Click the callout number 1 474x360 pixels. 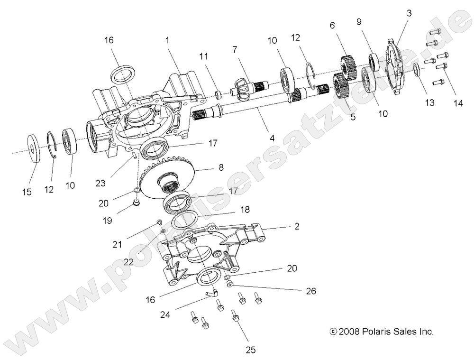coord(167,41)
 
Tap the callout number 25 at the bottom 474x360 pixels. coord(250,350)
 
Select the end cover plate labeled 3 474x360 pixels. coord(394,66)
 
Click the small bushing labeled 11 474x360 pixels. coord(219,94)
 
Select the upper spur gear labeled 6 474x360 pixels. coord(348,66)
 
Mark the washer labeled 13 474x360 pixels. coord(416,70)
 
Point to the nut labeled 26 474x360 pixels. coord(230,284)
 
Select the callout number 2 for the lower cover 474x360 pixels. coord(297,227)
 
